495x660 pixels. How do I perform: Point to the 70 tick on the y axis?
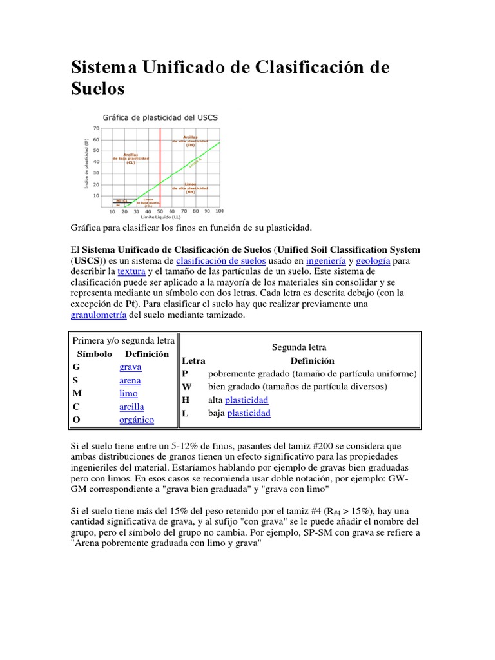click(x=96, y=128)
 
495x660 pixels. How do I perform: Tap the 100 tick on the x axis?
click(x=219, y=211)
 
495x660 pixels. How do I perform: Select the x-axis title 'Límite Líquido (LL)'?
click(x=164, y=218)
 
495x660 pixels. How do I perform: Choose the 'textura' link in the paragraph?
click(x=131, y=272)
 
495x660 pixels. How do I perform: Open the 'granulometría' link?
click(x=98, y=316)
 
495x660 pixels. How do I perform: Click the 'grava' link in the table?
click(x=130, y=367)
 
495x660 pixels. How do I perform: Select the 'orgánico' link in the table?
click(x=137, y=420)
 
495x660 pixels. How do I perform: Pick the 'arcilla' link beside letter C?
click(x=131, y=407)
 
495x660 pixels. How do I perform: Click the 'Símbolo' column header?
click(x=95, y=354)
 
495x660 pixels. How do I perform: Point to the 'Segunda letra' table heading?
click(x=299, y=347)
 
